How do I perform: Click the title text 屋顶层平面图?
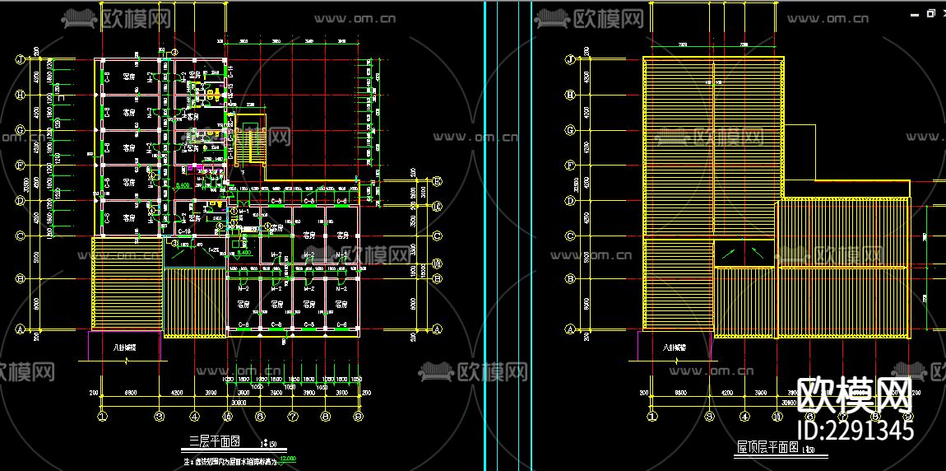(767, 448)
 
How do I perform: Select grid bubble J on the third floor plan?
(17, 60)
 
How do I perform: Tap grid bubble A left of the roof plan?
(569, 328)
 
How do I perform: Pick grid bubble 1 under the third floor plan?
(102, 417)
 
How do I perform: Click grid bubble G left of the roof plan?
(569, 130)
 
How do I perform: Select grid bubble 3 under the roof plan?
(709, 417)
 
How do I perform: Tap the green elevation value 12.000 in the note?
(287, 459)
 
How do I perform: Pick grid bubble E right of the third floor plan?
(438, 181)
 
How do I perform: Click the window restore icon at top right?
(930, 13)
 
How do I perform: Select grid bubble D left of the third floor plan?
(17, 200)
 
